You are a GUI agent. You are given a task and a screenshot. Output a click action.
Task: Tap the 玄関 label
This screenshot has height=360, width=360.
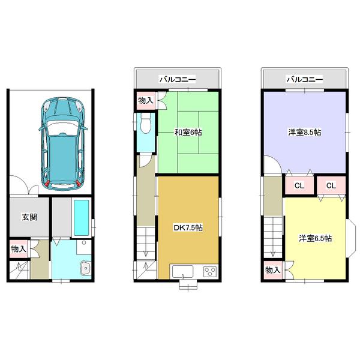tap(29, 217)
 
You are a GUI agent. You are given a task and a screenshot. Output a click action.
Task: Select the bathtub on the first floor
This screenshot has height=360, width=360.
tap(81, 217)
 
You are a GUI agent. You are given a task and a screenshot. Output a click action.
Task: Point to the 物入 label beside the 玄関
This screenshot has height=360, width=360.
tap(18, 248)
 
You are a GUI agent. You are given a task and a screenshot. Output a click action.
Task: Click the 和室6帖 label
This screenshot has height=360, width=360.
tap(188, 133)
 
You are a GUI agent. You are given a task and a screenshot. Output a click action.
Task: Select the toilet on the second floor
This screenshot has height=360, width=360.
tap(145, 127)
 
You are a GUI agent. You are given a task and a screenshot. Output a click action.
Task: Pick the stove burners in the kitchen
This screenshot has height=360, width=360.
tap(209, 271)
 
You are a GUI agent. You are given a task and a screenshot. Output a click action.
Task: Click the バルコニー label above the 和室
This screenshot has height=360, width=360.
tap(178, 79)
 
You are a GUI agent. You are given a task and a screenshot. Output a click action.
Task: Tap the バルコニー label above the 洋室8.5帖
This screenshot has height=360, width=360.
tap(304, 79)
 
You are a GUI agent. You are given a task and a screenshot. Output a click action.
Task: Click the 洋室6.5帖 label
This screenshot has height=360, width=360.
tap(316, 239)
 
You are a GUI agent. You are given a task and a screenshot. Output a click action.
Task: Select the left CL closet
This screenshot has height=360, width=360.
tap(299, 185)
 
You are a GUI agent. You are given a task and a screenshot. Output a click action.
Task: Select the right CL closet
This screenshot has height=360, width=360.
tap(331, 185)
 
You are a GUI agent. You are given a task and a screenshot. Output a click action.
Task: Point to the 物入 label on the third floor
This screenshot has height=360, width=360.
tap(274, 270)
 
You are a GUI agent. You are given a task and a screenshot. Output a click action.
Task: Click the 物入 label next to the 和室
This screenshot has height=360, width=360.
tap(145, 100)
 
